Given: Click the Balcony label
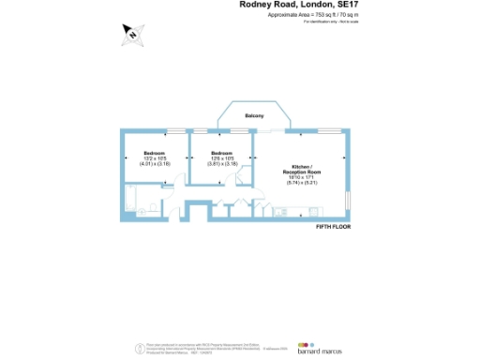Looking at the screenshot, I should tap(254, 115).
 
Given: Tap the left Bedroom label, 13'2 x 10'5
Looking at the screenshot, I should tap(154, 153).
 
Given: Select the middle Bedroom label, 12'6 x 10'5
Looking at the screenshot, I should tap(221, 153).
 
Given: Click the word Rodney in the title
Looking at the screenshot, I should tap(254, 5).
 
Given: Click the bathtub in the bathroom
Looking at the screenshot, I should tap(143, 199).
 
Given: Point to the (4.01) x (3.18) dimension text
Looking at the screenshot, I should tap(154, 163).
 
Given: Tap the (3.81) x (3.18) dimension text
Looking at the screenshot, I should tap(221, 163).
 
